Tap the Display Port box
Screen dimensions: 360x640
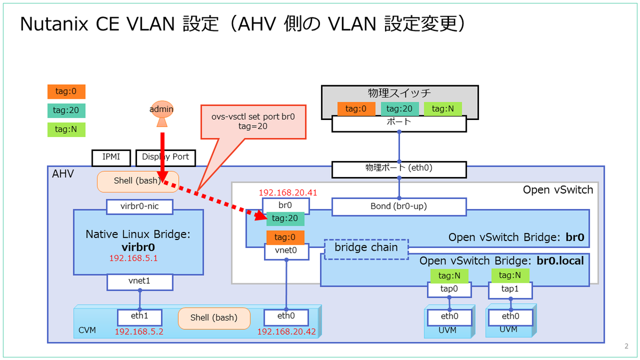point(166,157)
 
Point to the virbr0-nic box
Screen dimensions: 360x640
point(140,206)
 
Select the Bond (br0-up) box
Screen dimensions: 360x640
point(399,206)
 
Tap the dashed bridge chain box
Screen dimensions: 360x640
point(366,249)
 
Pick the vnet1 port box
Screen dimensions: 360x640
point(140,281)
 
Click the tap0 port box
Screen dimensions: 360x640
point(449,290)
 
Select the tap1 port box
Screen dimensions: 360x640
point(510,290)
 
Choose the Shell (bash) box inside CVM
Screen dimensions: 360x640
point(214,317)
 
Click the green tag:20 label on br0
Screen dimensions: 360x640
point(285,219)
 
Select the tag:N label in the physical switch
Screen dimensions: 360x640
point(443,109)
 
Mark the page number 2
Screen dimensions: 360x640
point(626,346)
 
